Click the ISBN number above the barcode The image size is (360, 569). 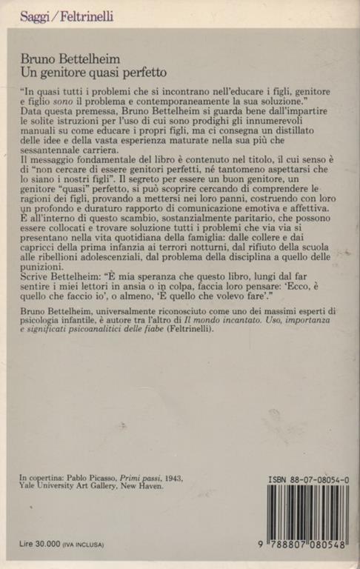pos(308,481)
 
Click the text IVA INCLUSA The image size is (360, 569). pos(82,545)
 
